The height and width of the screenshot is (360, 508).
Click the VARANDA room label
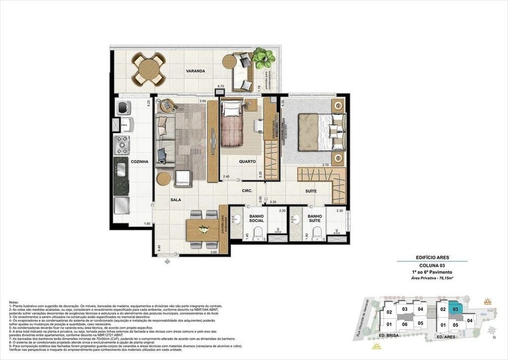click(x=195, y=71)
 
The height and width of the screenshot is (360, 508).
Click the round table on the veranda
click(x=149, y=69)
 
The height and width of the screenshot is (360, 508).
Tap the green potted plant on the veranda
click(x=264, y=57)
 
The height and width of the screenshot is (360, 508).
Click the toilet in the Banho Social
click(x=258, y=233)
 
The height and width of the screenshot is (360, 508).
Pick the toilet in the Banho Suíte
click(x=317, y=233)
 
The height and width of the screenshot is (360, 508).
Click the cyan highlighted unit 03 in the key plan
click(x=456, y=309)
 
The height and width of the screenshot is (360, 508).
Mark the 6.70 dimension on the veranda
click(x=220, y=86)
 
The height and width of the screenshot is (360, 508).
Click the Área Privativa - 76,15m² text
click(x=432, y=279)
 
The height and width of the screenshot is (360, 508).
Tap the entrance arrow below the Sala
click(x=168, y=262)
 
